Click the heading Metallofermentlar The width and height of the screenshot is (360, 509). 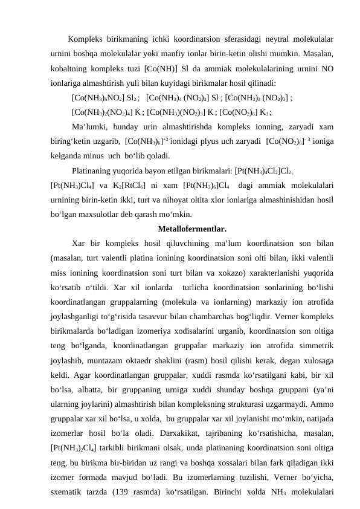pos(191,229)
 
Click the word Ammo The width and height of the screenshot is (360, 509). pos(323,401)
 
